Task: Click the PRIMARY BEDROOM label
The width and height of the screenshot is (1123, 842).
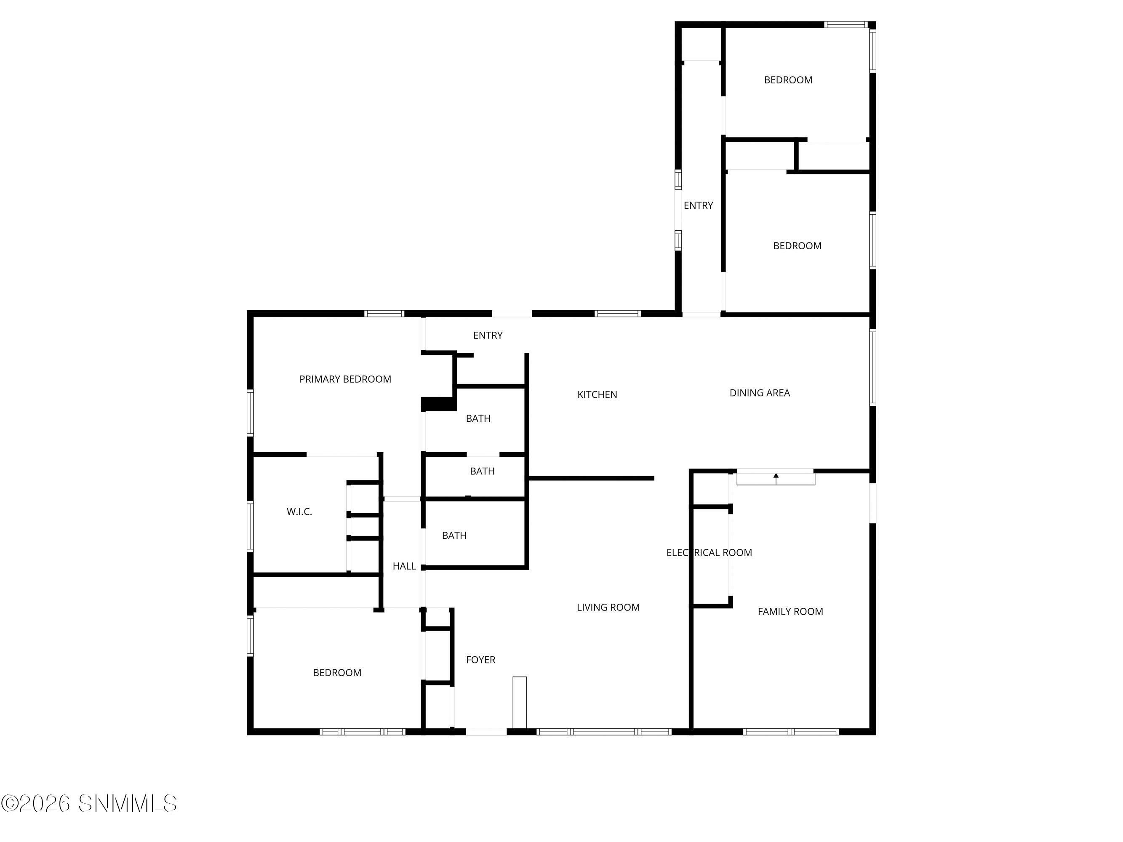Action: (x=345, y=379)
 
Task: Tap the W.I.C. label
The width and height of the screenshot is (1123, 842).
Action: (x=299, y=512)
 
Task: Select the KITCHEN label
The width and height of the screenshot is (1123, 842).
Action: (x=597, y=394)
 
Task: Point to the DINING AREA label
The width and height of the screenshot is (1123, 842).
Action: (x=760, y=393)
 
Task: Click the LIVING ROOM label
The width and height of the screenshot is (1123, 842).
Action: (x=608, y=607)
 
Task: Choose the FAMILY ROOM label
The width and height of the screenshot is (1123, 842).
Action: (x=790, y=612)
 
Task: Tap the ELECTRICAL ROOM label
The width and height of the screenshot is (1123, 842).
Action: (x=709, y=553)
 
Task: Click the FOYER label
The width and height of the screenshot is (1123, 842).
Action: (x=480, y=660)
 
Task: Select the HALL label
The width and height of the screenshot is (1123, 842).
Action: (x=404, y=566)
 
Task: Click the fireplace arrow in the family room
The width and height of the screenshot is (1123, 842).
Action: (x=776, y=477)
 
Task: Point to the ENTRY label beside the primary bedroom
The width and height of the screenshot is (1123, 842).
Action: (x=487, y=336)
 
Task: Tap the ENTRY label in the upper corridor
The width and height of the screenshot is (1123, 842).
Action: (x=698, y=205)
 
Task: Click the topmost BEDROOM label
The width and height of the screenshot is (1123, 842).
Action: (x=788, y=80)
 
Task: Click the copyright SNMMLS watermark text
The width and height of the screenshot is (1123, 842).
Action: (x=89, y=803)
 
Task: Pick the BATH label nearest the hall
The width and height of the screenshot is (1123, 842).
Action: (x=454, y=536)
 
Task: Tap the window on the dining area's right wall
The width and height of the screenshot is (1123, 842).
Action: (x=873, y=367)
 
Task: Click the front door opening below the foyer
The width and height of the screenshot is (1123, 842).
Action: (x=486, y=731)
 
